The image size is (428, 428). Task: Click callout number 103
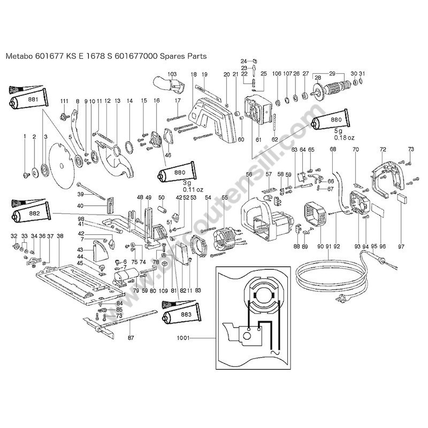click(x=172, y=74)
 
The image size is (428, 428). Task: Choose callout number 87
click(x=131, y=338)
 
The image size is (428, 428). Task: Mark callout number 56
click(x=248, y=174)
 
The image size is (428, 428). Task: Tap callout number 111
click(x=64, y=101)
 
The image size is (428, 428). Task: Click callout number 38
click(x=59, y=236)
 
